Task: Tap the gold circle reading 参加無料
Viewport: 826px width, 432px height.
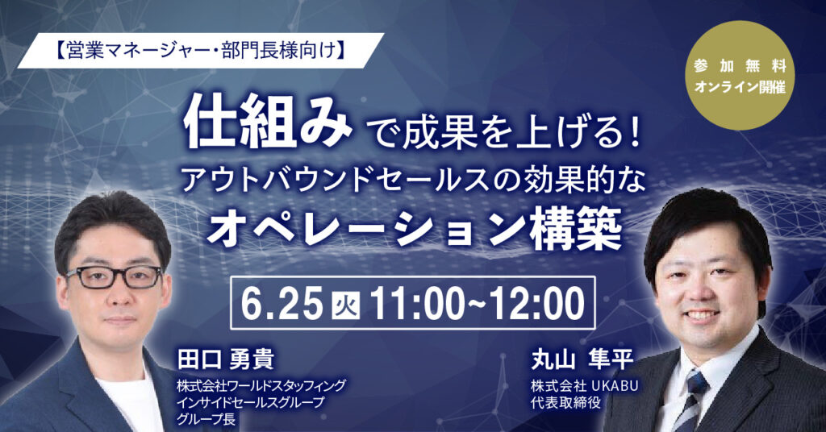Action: click(741, 76)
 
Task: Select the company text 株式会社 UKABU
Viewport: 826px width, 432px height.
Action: click(585, 386)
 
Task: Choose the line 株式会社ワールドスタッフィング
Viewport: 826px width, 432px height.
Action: click(262, 386)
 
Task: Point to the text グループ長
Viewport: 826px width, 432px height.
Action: click(206, 419)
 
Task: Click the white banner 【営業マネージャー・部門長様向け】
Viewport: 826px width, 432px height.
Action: click(201, 51)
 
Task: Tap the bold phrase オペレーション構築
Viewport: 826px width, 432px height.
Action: click(414, 231)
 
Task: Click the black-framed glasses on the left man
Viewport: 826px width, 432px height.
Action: click(114, 276)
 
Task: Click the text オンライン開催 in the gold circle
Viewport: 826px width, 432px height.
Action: click(740, 87)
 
